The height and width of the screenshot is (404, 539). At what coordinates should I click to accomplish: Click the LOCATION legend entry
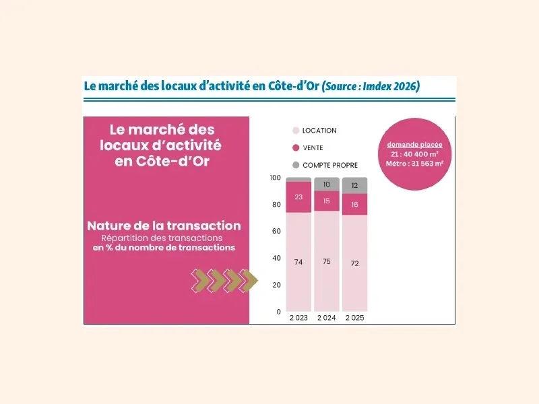tap(319, 131)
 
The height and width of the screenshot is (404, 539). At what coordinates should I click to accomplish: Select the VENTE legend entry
tap(313, 147)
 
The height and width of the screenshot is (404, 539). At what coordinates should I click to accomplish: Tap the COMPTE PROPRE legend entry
tap(329, 164)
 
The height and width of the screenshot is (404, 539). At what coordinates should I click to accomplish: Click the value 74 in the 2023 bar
tap(298, 262)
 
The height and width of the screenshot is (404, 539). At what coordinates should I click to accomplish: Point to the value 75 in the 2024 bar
tap(327, 261)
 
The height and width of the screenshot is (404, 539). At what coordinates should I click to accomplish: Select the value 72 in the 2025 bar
tap(354, 263)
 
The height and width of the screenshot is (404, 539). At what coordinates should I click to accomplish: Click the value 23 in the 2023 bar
tap(298, 197)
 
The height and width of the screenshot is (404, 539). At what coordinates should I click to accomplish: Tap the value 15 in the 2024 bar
tap(327, 201)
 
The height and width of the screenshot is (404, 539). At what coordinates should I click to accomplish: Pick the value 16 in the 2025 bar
tap(354, 204)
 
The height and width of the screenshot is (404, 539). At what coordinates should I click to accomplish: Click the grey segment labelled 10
tap(327, 184)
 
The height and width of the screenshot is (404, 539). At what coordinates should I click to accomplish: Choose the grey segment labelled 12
tap(354, 185)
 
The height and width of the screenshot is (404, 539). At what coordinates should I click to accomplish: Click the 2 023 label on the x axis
tap(298, 317)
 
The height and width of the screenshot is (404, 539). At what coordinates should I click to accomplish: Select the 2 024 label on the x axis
tap(327, 317)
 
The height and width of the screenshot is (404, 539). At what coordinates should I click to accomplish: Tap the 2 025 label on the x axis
tap(354, 317)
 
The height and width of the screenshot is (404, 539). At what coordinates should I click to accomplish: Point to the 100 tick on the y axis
tap(274, 178)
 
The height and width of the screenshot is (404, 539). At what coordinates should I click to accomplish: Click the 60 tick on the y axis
tap(276, 231)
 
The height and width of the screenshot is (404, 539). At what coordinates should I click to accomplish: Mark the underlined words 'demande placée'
tap(414, 145)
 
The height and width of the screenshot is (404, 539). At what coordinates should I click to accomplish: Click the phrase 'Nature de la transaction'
tap(163, 226)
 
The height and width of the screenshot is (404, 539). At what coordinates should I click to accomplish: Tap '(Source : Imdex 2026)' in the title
tap(371, 87)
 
